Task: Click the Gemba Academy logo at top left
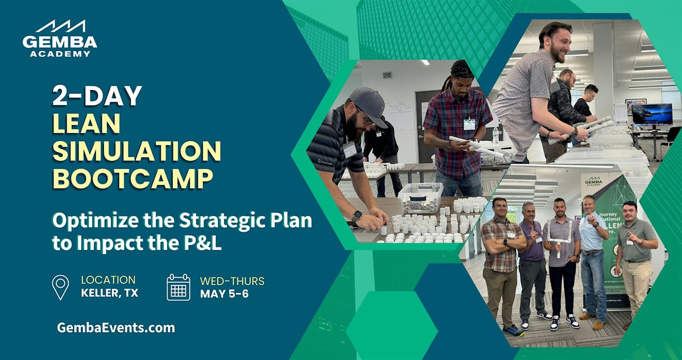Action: coord(60,39)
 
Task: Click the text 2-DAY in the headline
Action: coord(97,96)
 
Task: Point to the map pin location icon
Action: coord(60,287)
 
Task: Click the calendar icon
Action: coord(178,287)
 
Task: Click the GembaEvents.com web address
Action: coord(116,328)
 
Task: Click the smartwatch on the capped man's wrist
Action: coord(356,216)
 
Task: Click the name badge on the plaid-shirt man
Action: coord(469,124)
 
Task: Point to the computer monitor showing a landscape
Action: coord(651,114)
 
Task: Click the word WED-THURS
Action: coord(232,281)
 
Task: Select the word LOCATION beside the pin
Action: coord(108,280)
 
